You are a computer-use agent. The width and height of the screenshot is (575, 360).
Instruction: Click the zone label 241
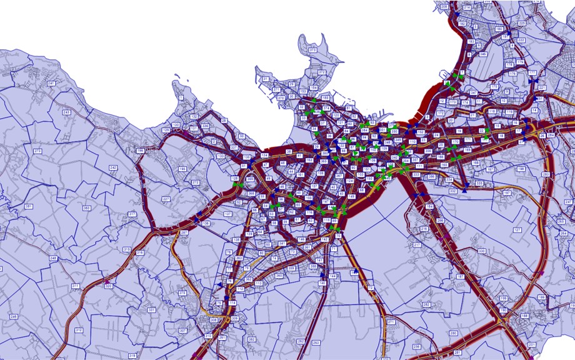pos(51,83)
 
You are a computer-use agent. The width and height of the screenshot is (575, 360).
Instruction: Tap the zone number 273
pos(37,151)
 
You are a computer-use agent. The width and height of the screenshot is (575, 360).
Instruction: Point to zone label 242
pos(113,168)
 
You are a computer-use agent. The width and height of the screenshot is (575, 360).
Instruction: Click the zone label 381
pos(28,206)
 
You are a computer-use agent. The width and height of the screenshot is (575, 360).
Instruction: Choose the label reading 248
pos(53,258)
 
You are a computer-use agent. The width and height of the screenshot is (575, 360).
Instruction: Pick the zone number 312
pos(79,330)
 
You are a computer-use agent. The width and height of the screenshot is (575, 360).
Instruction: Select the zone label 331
pos(151,310)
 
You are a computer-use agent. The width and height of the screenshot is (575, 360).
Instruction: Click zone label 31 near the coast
pos(265,79)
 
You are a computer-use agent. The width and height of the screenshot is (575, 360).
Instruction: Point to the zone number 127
pos(517,230)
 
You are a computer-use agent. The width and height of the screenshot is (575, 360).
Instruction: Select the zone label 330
pos(481,251)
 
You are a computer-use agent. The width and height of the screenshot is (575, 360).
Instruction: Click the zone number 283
pos(545,174)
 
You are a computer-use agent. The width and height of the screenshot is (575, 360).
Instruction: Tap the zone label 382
pos(251,339)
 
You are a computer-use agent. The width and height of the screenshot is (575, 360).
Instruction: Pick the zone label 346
pos(482,54)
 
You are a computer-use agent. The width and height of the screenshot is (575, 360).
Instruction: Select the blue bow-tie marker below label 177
pos(532,82)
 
